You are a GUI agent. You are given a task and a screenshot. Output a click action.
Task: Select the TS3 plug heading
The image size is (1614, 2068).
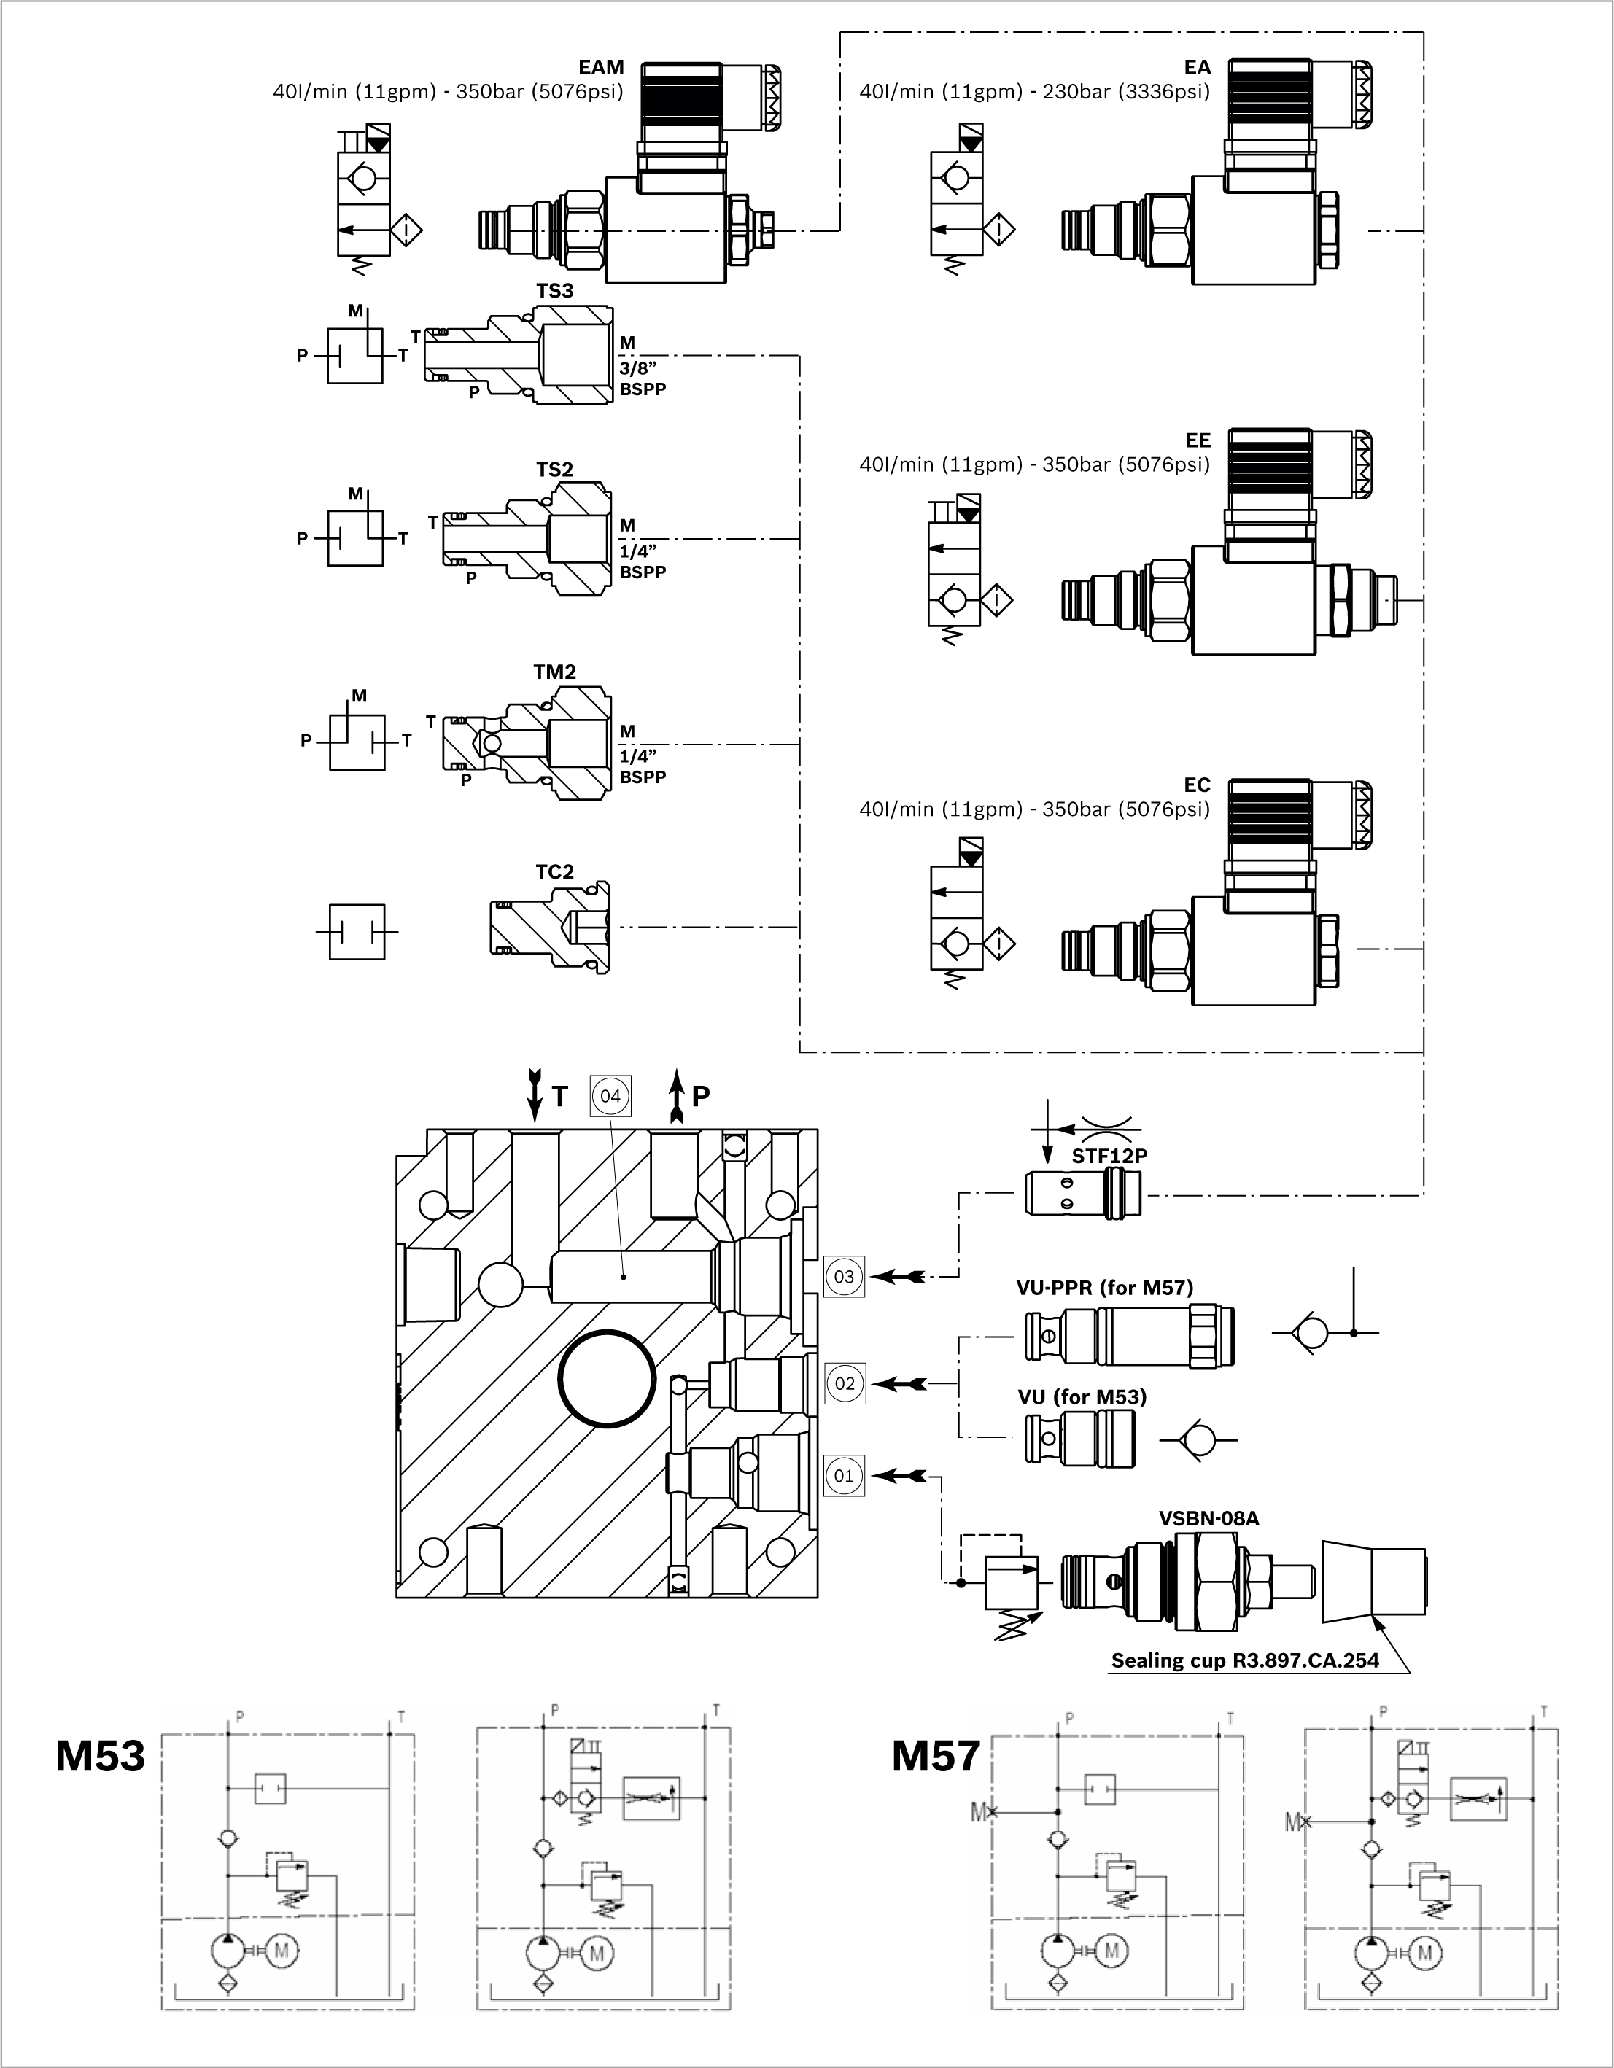click(554, 291)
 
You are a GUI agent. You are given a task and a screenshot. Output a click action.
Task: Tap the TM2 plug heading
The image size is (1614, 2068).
click(554, 672)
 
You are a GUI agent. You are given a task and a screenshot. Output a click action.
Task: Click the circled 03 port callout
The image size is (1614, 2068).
click(843, 1276)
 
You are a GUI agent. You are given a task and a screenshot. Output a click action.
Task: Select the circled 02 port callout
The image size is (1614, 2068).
click(844, 1383)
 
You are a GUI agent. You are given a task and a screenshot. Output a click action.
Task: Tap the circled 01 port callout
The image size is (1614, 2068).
click(843, 1475)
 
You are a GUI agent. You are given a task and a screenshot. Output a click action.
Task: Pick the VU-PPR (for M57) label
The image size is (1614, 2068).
click(1104, 1288)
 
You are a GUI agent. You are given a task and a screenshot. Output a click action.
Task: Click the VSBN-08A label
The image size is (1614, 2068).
click(1208, 1518)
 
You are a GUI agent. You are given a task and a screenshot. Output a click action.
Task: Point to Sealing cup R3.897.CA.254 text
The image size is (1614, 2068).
click(1245, 1660)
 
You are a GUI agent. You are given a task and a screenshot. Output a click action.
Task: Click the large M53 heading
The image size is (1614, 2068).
click(101, 1755)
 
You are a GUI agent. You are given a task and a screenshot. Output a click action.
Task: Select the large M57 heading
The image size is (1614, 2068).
click(935, 1755)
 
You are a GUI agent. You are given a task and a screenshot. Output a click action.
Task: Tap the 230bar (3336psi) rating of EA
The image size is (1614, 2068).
click(1126, 92)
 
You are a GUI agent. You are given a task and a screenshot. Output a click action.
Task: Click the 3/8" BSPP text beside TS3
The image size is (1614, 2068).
click(643, 378)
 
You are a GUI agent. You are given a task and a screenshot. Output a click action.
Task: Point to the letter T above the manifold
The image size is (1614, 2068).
click(560, 1097)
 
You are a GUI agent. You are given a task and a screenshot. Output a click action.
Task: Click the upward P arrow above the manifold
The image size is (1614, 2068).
click(676, 1095)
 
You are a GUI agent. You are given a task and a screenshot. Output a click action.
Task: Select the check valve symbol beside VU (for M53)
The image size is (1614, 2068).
click(1198, 1440)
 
